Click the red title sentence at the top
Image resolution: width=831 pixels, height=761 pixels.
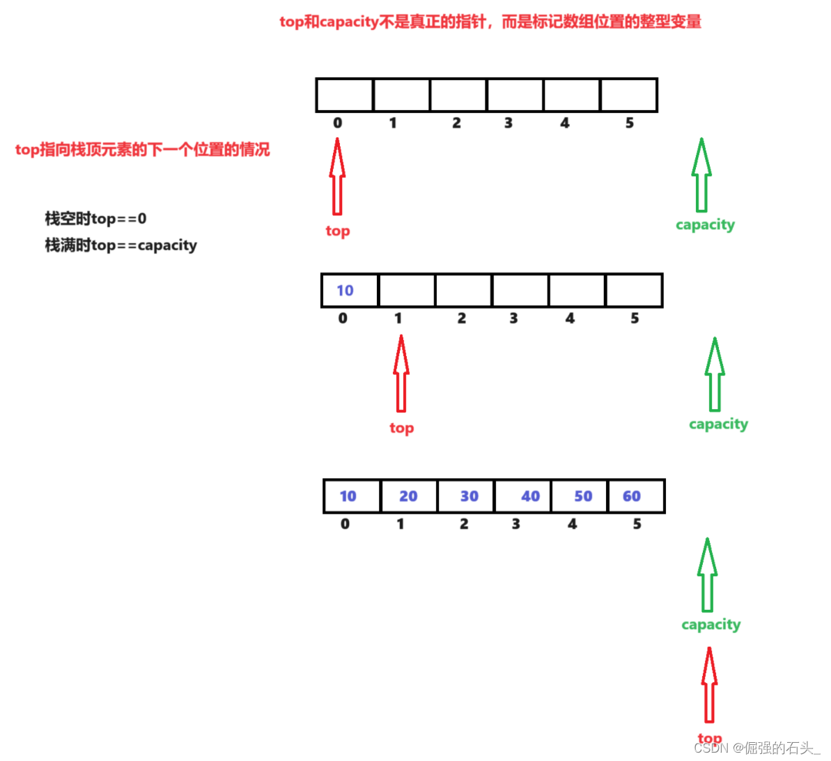[x=490, y=22]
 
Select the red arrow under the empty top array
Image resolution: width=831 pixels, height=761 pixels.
[x=337, y=176]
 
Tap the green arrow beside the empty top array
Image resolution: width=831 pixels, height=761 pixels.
[x=701, y=175]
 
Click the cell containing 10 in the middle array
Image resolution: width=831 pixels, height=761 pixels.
[x=350, y=291]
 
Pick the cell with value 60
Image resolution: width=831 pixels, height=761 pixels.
[x=636, y=496]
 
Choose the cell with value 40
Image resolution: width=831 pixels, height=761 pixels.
[x=522, y=496]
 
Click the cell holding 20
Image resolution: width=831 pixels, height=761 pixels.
[x=409, y=496]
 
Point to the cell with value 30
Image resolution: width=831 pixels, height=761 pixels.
[x=465, y=496]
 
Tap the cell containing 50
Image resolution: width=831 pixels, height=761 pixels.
[x=580, y=496]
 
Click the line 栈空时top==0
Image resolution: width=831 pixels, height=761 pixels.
[x=95, y=219]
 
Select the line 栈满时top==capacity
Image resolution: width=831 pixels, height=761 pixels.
[x=121, y=245]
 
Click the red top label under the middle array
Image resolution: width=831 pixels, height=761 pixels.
[x=401, y=428]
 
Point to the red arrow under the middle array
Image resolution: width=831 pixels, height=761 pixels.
[x=401, y=374]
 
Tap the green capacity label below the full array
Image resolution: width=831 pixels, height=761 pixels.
[x=710, y=624]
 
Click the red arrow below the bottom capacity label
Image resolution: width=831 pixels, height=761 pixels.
[x=709, y=686]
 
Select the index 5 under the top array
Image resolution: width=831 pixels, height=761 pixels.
[x=629, y=123]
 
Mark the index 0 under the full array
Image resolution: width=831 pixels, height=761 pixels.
[x=345, y=524]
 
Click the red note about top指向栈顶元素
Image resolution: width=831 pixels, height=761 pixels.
[x=142, y=150]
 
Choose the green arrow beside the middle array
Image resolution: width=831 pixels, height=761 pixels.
[x=715, y=375]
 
